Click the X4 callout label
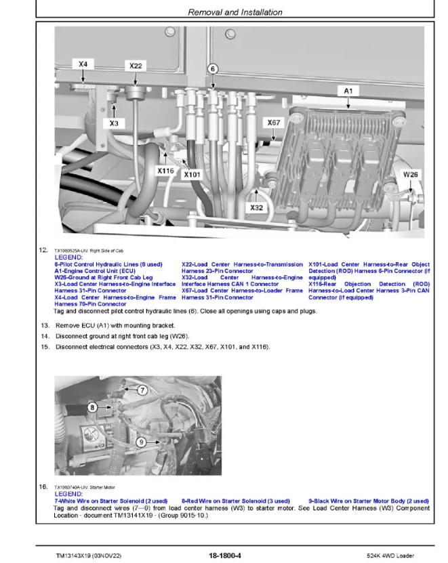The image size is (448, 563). click(83, 64)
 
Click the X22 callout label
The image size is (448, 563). click(136, 66)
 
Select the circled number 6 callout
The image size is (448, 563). click(212, 68)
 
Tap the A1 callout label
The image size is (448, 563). click(348, 89)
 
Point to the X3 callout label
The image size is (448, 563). click(114, 123)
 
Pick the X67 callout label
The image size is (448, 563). click(273, 123)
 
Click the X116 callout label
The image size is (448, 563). click(166, 171)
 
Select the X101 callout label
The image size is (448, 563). click(192, 175)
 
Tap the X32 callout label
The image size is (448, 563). click(256, 207)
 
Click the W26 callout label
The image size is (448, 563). click(411, 174)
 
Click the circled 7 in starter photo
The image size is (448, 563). click(142, 390)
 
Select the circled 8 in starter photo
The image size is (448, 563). click(92, 407)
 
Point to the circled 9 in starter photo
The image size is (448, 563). click(141, 442)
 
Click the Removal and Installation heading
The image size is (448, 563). click(225, 12)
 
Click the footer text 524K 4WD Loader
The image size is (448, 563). click(386, 555)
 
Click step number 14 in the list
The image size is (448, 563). click(45, 336)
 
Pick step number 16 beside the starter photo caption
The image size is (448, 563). click(45, 486)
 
